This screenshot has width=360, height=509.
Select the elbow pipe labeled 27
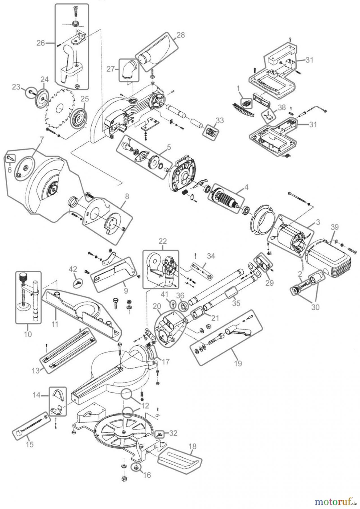[x=130, y=70]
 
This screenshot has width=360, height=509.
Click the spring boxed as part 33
[x=212, y=131]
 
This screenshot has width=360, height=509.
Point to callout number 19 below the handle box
[x=238, y=363]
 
